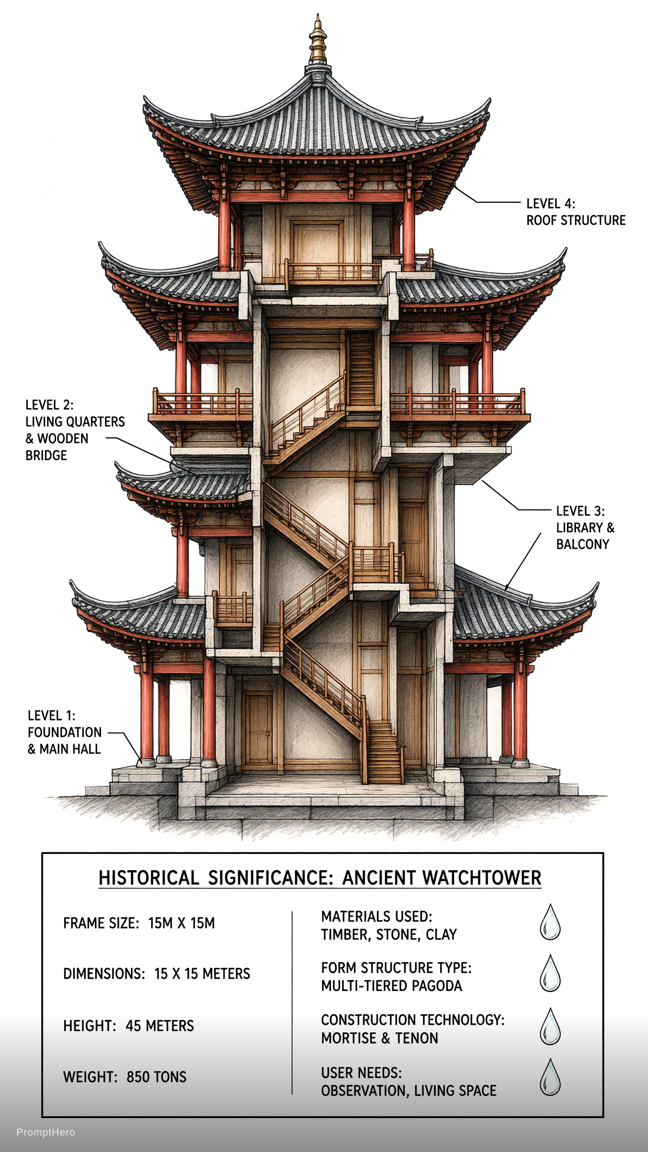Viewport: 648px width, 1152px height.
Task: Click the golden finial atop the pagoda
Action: (317, 41)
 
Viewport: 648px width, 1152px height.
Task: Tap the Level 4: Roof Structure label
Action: (576, 212)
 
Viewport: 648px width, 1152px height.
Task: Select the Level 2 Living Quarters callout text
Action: (75, 430)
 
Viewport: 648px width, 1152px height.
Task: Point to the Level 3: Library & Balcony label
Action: (585, 528)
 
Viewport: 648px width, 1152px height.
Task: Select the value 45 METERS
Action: (160, 1026)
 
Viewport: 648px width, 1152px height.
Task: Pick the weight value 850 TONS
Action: (156, 1077)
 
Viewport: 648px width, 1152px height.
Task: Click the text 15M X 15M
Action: (181, 923)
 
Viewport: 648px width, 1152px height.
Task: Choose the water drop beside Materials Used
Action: (550, 922)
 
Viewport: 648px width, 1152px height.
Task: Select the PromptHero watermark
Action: (46, 1132)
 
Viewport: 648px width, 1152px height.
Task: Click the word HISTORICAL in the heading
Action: (148, 878)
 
